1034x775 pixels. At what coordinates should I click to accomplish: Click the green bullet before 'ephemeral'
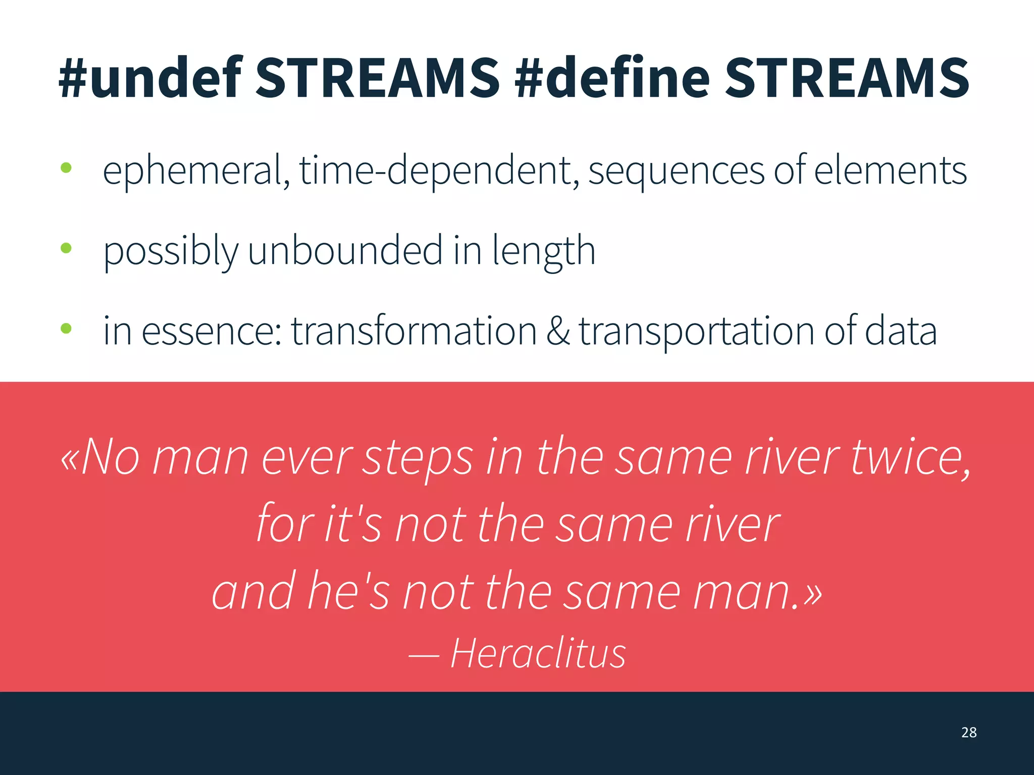click(66, 168)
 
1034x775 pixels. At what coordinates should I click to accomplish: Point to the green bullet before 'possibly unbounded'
click(66, 248)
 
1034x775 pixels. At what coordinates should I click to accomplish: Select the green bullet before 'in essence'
click(66, 329)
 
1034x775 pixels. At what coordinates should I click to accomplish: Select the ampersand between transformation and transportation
click(558, 331)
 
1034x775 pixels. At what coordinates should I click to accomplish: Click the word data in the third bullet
click(901, 331)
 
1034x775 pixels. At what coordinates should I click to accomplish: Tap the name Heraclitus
click(538, 653)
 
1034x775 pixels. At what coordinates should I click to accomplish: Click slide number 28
click(968, 732)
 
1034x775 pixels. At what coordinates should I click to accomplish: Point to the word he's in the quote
click(348, 590)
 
